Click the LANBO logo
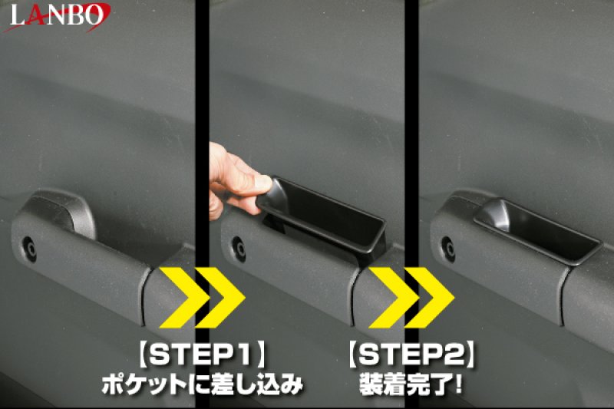click(57, 15)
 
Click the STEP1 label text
click(203, 355)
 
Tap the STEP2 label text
click(408, 355)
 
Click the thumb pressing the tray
click(262, 184)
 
